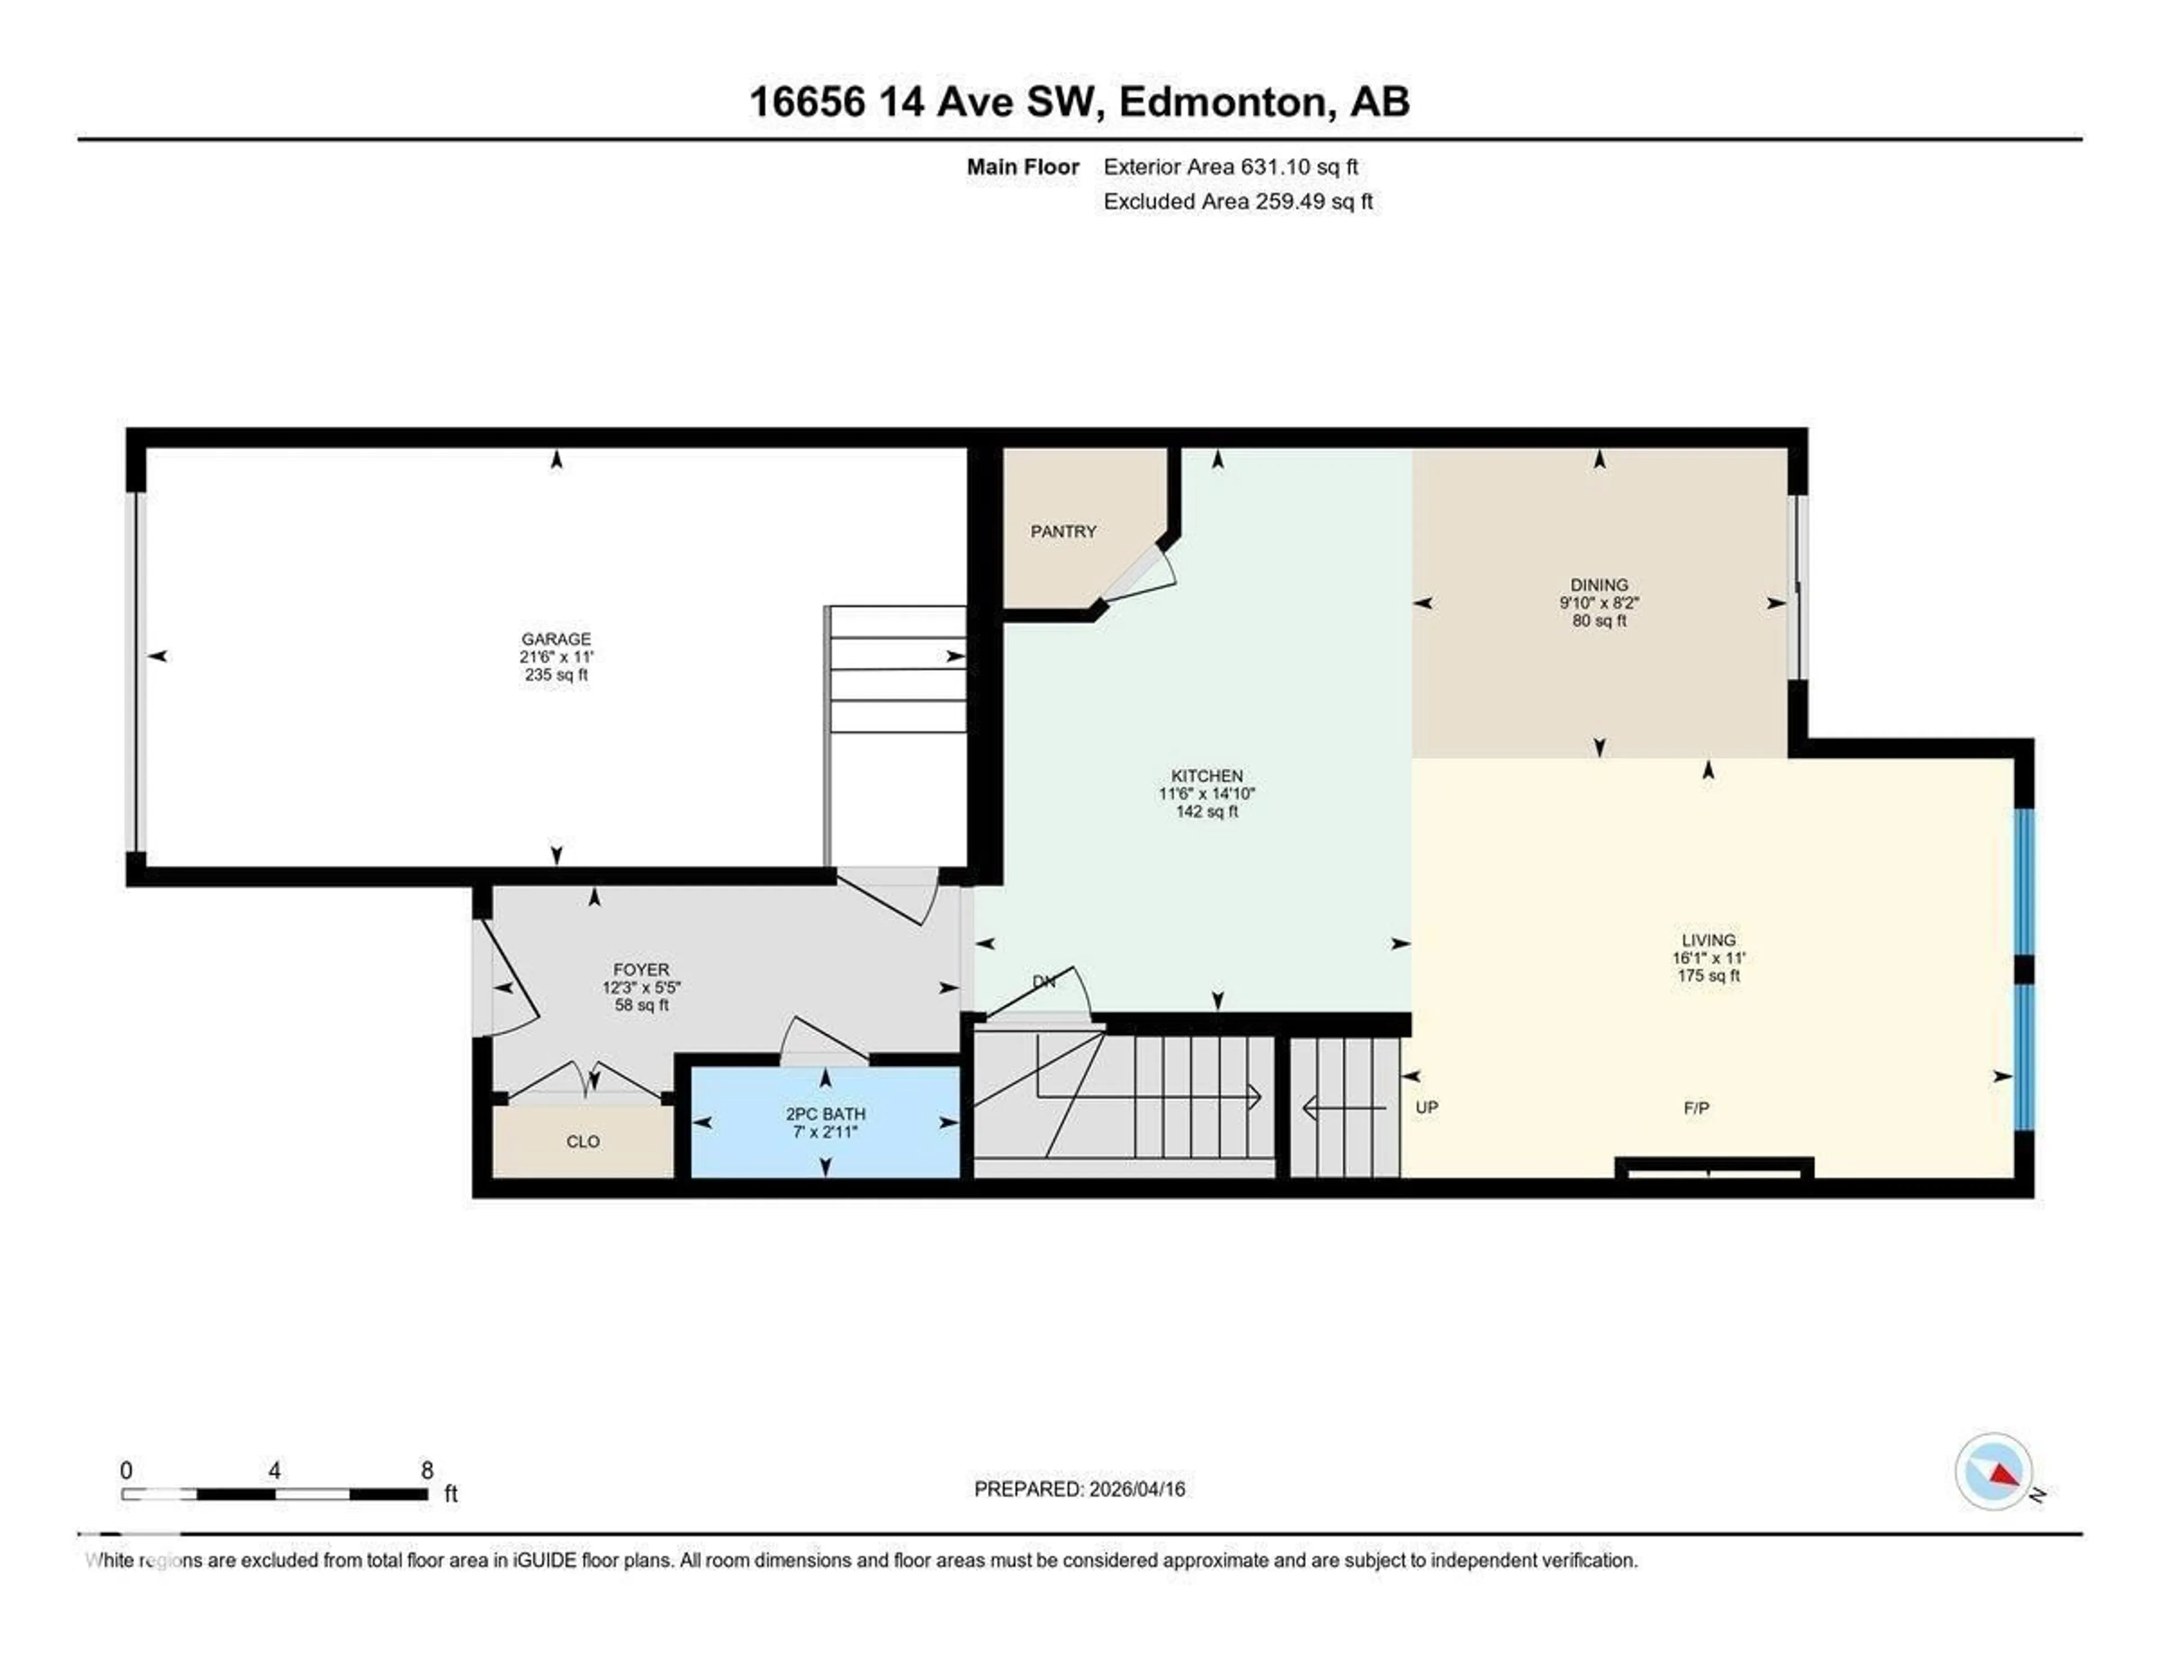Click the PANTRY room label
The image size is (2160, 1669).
(1063, 531)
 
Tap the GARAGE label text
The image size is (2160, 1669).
(556, 639)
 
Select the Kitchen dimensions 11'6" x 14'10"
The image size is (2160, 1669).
(1207, 793)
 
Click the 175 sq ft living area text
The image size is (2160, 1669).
(1708, 976)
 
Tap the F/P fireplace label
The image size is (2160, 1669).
(1695, 1108)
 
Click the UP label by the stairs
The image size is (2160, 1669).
(1426, 1107)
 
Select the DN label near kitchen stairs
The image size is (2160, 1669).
(1043, 981)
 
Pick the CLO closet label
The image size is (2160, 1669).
(583, 1142)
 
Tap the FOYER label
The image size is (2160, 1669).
(641, 970)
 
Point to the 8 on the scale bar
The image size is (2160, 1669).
(427, 1470)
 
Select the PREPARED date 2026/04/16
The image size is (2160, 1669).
(1135, 1489)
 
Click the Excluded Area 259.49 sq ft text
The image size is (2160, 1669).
(1237, 202)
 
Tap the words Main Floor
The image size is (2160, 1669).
(1023, 167)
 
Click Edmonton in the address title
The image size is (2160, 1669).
(1222, 102)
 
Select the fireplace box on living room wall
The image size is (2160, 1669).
(1714, 1168)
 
